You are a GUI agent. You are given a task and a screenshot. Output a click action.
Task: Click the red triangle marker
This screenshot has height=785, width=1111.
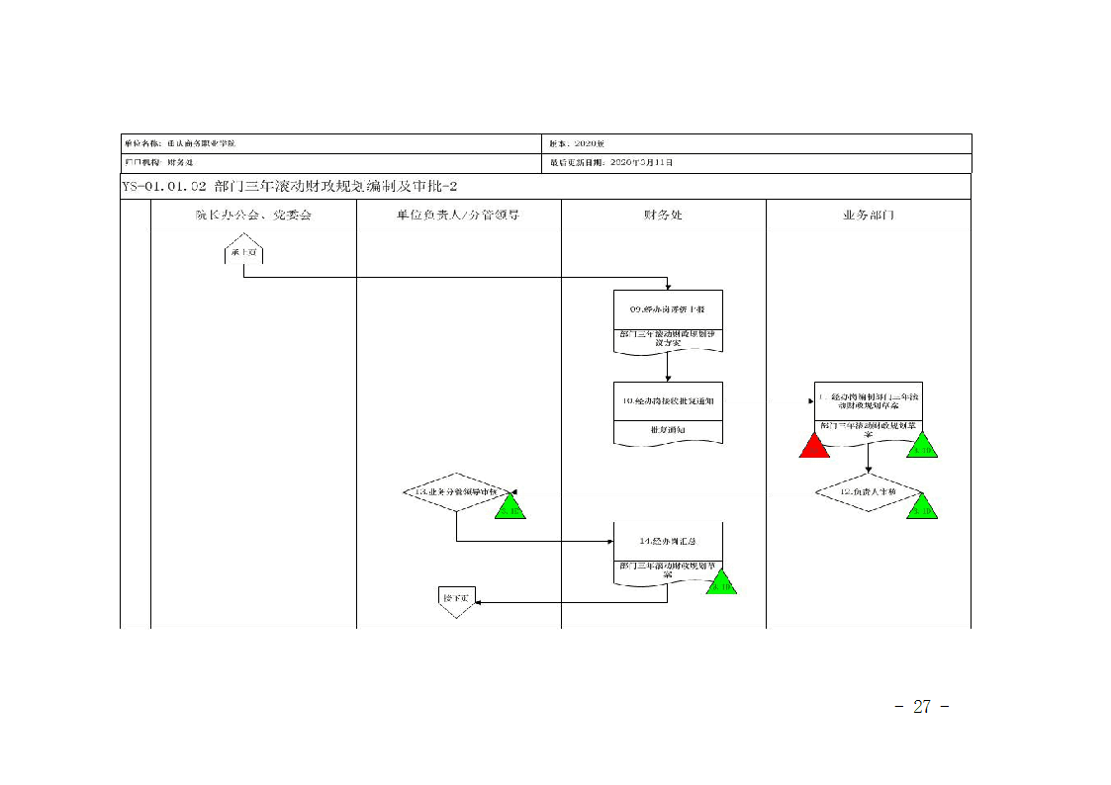tap(813, 447)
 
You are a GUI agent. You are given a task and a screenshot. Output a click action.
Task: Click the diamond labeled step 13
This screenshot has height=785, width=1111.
tap(456, 491)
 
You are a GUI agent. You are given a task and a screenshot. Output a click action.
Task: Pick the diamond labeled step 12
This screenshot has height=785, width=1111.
tap(868, 491)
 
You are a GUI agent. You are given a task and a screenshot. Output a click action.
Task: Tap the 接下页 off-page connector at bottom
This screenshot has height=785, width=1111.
tap(457, 600)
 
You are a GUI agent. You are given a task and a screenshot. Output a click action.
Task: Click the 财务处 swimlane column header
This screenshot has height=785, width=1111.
tap(663, 215)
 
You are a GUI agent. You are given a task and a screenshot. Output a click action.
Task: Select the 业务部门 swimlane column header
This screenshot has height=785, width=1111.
tap(869, 215)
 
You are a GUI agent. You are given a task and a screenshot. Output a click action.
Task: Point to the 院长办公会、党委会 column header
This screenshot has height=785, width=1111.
tap(253, 215)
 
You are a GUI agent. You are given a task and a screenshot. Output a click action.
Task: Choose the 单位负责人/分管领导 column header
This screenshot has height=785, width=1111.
tap(458, 215)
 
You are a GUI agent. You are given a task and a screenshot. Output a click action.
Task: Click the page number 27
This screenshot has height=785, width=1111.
tap(922, 707)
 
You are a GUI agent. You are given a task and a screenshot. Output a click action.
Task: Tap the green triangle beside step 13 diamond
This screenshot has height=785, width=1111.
tap(510, 508)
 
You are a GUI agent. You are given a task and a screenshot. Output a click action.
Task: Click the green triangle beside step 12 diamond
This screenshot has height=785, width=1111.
tap(922, 507)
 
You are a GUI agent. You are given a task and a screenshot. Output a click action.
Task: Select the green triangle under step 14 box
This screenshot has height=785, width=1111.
tap(721, 583)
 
